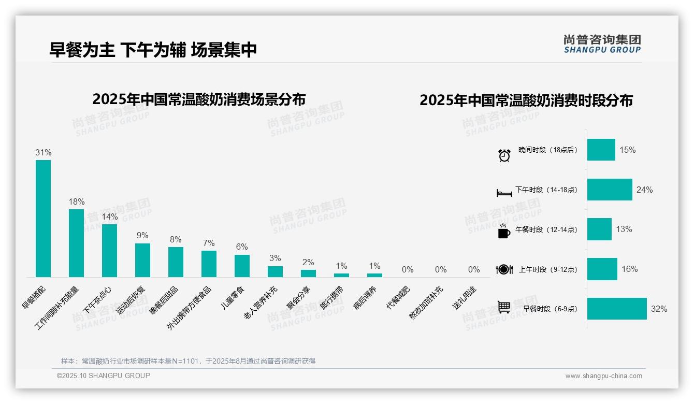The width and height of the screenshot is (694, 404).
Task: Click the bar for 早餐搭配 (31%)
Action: (x=43, y=218)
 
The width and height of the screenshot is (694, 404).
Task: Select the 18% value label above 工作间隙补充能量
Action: (x=76, y=201)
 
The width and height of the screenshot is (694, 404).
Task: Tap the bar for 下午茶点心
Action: (x=109, y=250)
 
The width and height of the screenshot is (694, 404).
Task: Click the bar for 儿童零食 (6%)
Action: (x=242, y=266)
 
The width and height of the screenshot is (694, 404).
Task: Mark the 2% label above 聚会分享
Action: (x=308, y=262)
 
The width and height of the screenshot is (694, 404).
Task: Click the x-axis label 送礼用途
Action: (x=464, y=297)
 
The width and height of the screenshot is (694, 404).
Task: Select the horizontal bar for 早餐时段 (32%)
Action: (x=617, y=309)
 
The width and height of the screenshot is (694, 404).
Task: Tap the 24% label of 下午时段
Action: (x=644, y=190)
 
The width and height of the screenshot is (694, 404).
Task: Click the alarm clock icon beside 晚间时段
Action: (x=504, y=155)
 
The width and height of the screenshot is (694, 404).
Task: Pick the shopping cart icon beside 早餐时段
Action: (x=504, y=307)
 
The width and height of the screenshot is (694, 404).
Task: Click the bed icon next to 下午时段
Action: (x=504, y=193)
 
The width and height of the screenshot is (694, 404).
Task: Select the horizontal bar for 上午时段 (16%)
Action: (x=602, y=269)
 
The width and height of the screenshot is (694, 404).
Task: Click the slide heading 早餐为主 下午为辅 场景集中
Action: (x=153, y=50)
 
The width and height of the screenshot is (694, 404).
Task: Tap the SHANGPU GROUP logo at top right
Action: (x=602, y=44)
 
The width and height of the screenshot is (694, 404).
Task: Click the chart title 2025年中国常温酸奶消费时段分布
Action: (x=526, y=100)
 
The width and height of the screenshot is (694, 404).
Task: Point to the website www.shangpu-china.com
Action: (x=603, y=376)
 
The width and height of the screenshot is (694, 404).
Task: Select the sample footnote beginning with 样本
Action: (x=188, y=361)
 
